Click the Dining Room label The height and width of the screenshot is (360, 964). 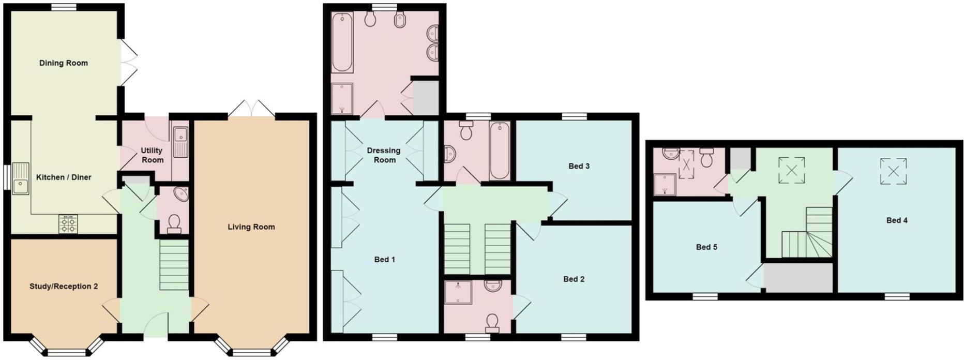[64, 63]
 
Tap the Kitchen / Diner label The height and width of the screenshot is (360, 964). [64, 177]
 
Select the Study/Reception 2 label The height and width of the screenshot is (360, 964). [64, 286]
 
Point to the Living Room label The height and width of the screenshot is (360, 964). [251, 227]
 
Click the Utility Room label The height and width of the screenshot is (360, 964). [152, 155]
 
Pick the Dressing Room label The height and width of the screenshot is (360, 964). [384, 155]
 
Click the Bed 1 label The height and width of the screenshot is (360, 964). [385, 259]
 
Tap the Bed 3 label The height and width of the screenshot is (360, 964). [579, 166]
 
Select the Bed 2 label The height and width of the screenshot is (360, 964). [574, 279]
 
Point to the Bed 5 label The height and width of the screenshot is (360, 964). [706, 247]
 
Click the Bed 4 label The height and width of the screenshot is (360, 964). [897, 220]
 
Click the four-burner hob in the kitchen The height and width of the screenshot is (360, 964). [68, 224]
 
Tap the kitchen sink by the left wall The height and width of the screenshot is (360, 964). [22, 179]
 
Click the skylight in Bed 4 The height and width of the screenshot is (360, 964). [894, 171]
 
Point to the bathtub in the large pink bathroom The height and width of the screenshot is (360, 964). [341, 42]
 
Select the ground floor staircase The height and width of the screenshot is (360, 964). [174, 267]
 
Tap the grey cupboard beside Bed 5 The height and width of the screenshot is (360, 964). [799, 278]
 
